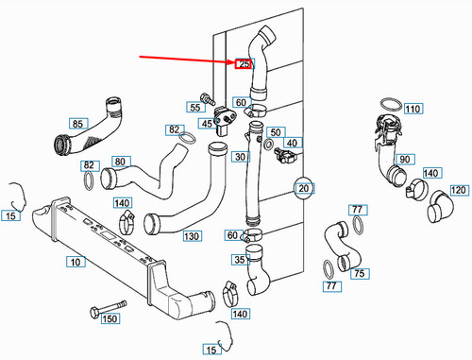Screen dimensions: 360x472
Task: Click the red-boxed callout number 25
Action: point(244,65)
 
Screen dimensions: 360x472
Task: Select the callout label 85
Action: point(77,123)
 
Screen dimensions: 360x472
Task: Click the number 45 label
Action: point(206,123)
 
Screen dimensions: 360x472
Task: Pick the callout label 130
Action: point(192,235)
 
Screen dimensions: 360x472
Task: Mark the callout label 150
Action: point(110,320)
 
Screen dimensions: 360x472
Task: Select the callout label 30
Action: point(240,157)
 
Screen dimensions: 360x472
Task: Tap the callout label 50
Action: point(276,131)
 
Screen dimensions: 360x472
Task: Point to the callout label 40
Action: point(292,144)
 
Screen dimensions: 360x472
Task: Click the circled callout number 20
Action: point(303,188)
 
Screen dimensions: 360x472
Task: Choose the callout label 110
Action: point(412,110)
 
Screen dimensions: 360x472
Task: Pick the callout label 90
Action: point(404,159)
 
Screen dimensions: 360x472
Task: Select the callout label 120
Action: point(459,190)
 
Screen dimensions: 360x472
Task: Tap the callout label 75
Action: point(359,274)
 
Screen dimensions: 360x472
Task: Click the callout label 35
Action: point(240,260)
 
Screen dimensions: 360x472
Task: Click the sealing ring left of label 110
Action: point(387,104)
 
